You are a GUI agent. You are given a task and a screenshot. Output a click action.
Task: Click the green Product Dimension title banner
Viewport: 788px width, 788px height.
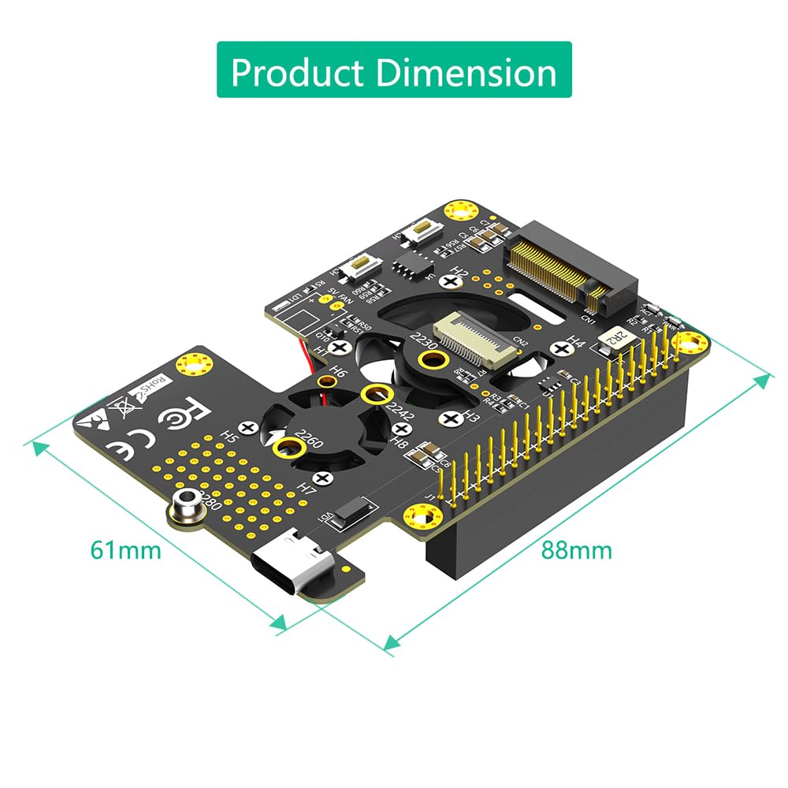coord(394,70)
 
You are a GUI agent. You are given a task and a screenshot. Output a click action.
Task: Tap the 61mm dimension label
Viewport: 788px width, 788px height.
coord(125,549)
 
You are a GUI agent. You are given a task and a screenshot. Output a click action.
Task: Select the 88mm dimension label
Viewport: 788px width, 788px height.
coord(576,549)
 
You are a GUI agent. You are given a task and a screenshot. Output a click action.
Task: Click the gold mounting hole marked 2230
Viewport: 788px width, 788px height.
coord(430,361)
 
